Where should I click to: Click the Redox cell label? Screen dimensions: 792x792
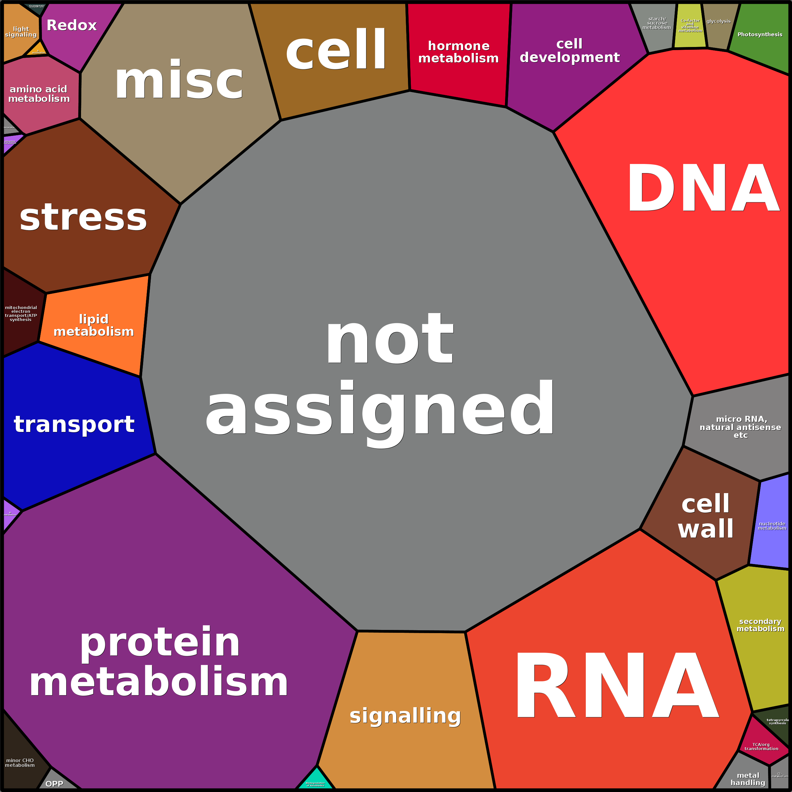(x=72, y=26)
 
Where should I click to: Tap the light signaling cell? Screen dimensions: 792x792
(x=21, y=32)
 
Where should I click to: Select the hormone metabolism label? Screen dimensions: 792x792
(x=458, y=52)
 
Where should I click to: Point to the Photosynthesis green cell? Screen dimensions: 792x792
(x=760, y=34)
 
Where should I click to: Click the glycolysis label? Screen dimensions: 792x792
(x=718, y=21)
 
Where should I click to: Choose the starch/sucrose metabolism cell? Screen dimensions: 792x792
(x=657, y=23)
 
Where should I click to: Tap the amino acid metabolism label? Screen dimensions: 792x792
(x=39, y=94)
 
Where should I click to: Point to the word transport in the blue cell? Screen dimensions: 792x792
(x=74, y=424)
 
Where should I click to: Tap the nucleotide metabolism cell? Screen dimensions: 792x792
(x=772, y=526)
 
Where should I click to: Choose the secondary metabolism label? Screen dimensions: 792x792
(x=760, y=625)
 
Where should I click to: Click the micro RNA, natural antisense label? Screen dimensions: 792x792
(x=740, y=427)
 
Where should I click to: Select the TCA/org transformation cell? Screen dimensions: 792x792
(x=761, y=747)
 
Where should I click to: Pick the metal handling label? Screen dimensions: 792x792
(x=748, y=779)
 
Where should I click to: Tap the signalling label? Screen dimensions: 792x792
(x=405, y=716)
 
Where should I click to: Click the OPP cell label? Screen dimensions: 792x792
(x=55, y=784)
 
